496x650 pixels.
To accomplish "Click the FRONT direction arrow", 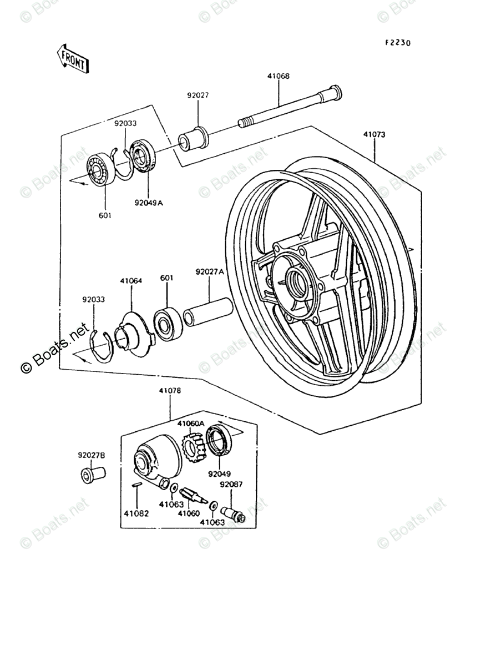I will click(x=72, y=58).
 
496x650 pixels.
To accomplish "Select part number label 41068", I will click(x=278, y=76).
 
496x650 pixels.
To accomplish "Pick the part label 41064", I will click(x=131, y=281).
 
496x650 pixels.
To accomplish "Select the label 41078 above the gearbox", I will click(x=170, y=391).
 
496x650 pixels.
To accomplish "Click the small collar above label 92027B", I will click(x=92, y=475).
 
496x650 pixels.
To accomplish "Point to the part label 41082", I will click(x=136, y=514).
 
